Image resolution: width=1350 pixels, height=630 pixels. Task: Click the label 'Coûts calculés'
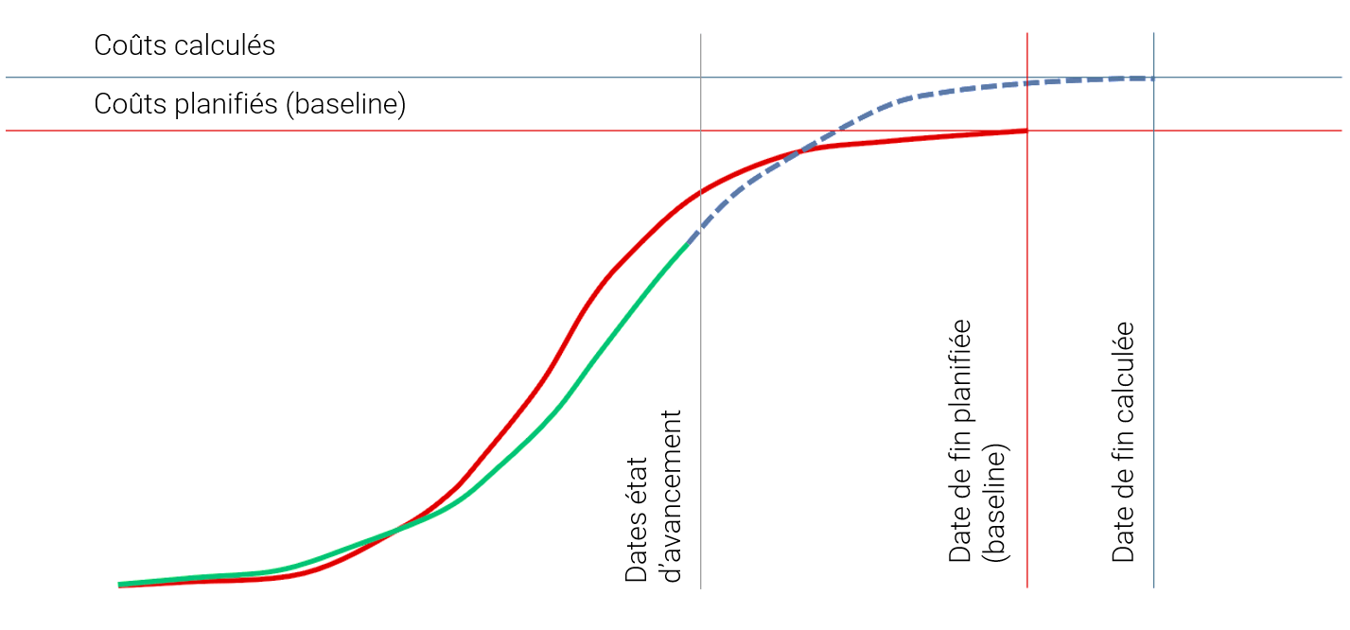coord(184,46)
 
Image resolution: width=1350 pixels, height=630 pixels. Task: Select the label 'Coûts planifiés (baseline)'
coord(250,104)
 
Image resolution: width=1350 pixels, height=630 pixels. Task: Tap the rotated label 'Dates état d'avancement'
coord(653,496)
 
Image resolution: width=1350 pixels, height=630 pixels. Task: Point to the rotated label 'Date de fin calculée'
coord(1123,443)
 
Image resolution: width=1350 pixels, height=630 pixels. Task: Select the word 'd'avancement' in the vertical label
coord(671,496)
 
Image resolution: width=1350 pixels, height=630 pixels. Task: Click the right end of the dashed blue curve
coord(1152,78)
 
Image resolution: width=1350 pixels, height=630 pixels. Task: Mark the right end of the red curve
coord(1026,131)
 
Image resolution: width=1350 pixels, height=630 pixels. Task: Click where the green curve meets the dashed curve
coord(692,236)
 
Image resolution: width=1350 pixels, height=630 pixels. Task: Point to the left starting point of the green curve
coord(120,585)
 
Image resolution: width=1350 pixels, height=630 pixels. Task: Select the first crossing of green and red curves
coord(394,530)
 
